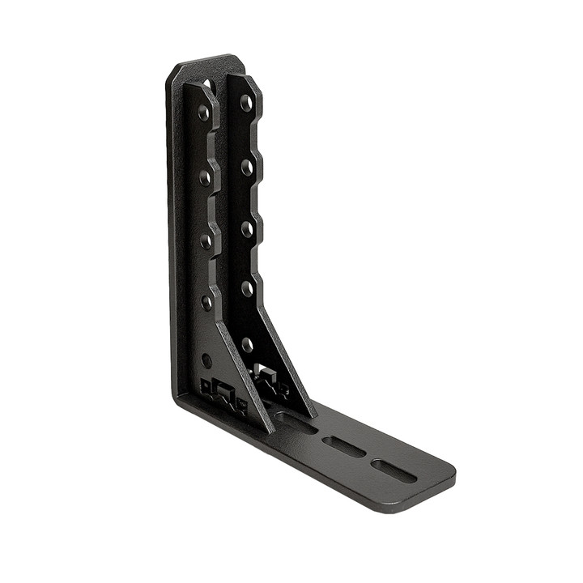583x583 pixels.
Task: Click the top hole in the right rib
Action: click(245, 103)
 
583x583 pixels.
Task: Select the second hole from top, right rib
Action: click(246, 168)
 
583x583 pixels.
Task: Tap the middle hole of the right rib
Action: click(246, 229)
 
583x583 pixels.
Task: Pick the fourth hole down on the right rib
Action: click(247, 288)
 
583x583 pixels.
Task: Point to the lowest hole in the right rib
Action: click(247, 345)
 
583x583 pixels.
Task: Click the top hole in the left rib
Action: click(204, 112)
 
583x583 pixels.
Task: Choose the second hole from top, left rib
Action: click(206, 176)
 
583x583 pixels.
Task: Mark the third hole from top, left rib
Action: click(206, 240)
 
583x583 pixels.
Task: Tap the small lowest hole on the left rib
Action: click(207, 359)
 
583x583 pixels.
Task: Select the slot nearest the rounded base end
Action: click(394, 470)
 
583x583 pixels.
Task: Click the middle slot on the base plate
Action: click(344, 446)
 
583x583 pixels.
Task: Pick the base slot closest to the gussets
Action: click(296, 422)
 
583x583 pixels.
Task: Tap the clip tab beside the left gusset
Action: click(220, 393)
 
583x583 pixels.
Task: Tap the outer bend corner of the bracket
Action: click(177, 399)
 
